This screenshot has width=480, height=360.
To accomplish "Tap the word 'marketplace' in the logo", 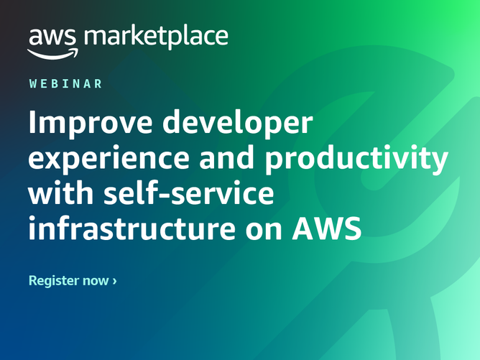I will coord(156,36).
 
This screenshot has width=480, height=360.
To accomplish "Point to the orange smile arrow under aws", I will coord(52,52).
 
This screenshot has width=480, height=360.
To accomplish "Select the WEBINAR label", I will coord(66,84).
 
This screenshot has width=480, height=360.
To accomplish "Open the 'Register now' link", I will coord(72,280).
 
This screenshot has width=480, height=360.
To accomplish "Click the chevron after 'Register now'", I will coord(114,281).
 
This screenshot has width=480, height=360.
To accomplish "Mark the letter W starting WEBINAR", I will coord(34,84).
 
